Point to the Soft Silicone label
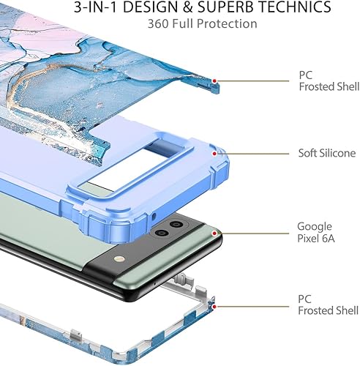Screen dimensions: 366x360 pyautogui.click(x=326, y=154)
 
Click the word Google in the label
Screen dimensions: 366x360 pyautogui.click(x=314, y=227)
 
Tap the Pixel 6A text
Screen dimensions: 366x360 pyautogui.click(x=315, y=239)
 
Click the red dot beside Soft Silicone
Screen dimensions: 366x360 pyautogui.click(x=214, y=154)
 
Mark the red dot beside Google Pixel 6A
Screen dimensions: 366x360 pyautogui.click(x=213, y=233)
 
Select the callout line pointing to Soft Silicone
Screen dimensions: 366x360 pyautogui.click(x=252, y=154)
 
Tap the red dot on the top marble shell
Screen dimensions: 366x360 pyautogui.click(x=214, y=81)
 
